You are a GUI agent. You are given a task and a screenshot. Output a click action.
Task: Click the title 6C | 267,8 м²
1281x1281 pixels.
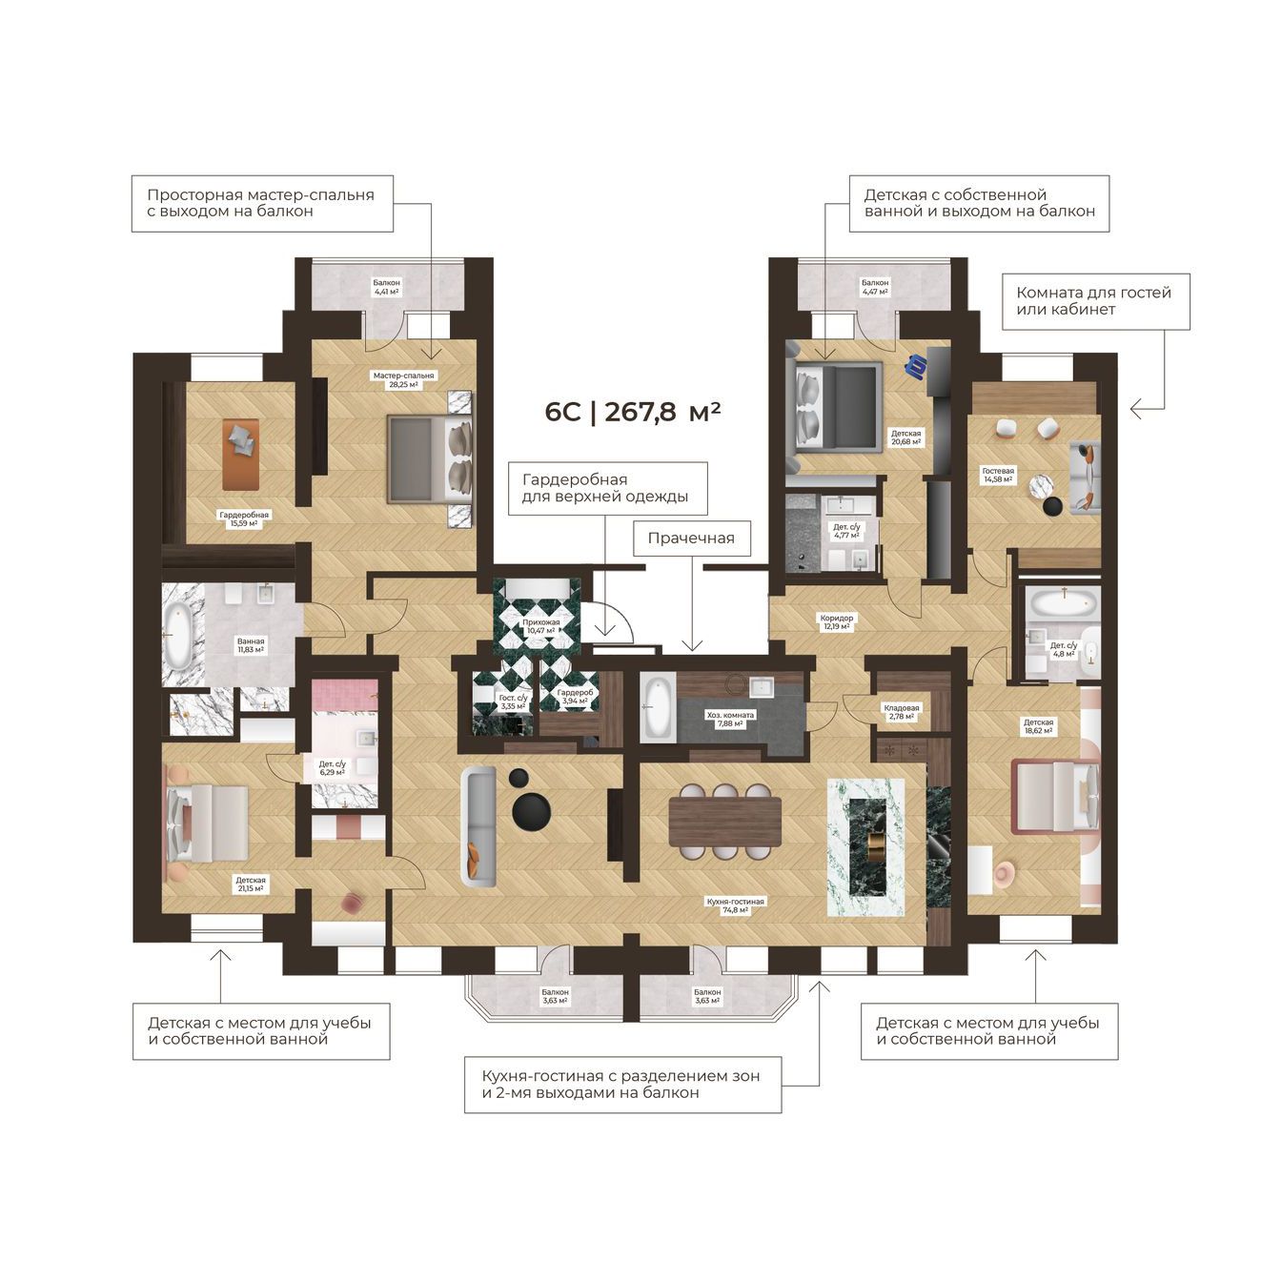click(x=632, y=412)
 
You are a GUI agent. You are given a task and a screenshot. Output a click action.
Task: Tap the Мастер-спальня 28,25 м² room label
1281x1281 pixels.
click(x=403, y=379)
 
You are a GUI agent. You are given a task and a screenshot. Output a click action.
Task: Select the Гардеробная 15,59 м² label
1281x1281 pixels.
click(x=244, y=518)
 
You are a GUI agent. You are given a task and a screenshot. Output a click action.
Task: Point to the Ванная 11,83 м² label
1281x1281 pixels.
click(x=251, y=645)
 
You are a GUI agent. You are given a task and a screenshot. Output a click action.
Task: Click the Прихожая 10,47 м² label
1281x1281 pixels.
click(x=540, y=626)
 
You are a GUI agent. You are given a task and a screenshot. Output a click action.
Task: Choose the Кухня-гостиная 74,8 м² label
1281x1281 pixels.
click(x=735, y=905)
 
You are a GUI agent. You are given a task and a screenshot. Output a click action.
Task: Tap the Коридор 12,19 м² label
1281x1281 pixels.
click(x=836, y=621)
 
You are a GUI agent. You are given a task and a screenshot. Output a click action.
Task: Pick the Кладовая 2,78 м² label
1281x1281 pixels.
click(x=902, y=712)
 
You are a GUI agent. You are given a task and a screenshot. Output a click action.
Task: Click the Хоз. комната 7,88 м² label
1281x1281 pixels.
click(x=730, y=719)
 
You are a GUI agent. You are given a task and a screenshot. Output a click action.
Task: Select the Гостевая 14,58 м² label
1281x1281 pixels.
click(x=998, y=475)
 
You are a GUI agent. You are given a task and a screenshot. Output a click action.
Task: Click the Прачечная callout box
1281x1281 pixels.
click(x=691, y=538)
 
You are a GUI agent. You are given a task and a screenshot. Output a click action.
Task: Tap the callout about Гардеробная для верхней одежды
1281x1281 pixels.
click(x=607, y=489)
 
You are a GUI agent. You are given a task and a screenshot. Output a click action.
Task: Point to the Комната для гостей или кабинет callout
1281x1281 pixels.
click(x=1095, y=301)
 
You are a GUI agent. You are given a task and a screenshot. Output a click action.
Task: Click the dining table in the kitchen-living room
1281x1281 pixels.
click(x=724, y=821)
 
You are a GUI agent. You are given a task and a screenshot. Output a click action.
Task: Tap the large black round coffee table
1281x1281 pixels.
click(x=531, y=811)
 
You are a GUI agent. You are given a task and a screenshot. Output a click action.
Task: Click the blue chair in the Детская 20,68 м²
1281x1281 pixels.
click(x=917, y=366)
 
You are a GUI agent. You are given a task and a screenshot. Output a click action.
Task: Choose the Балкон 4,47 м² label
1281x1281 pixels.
click(x=875, y=287)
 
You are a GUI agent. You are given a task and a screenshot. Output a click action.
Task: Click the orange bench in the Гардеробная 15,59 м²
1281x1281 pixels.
click(x=240, y=455)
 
